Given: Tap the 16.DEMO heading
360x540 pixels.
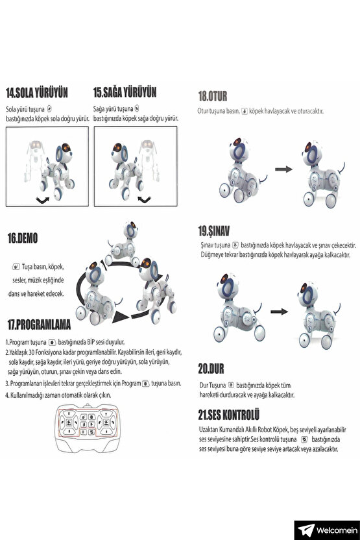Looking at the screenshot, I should [x=22, y=239].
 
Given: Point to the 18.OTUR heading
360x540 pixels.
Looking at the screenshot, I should [x=213, y=96].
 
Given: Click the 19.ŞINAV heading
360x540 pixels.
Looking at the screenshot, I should [x=214, y=230].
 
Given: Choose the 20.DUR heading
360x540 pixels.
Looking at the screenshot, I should [x=211, y=368].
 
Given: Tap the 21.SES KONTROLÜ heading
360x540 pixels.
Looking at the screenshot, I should [x=229, y=414].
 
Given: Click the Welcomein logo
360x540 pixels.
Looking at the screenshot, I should [x=324, y=530].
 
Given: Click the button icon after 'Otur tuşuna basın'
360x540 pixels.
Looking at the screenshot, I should [x=244, y=112].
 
